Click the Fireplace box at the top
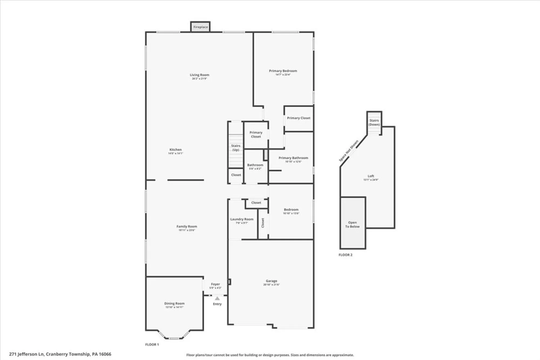pyautogui.click(x=200, y=27)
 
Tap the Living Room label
pyautogui.click(x=199, y=75)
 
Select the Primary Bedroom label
pyautogui.click(x=283, y=71)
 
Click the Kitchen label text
pyautogui.click(x=175, y=150)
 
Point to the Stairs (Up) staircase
pyautogui.click(x=236, y=151)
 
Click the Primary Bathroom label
pyautogui.click(x=293, y=158)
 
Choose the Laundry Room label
pyautogui.click(x=242, y=219)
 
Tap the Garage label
pyautogui.click(x=271, y=281)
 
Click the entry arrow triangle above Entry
pyautogui.click(x=217, y=298)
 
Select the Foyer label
pyautogui.click(x=215, y=284)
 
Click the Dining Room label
pyautogui.click(x=174, y=304)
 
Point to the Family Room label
pyautogui.click(x=187, y=227)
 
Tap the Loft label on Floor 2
pyautogui.click(x=371, y=176)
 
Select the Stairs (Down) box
pyautogui.click(x=374, y=123)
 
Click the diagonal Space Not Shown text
pyautogui.click(x=349, y=151)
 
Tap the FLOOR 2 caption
pyautogui.click(x=345, y=255)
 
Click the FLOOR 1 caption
pyautogui.click(x=152, y=344)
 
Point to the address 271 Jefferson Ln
pyautogui.click(x=60, y=354)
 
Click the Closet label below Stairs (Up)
pyautogui.click(x=236, y=175)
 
